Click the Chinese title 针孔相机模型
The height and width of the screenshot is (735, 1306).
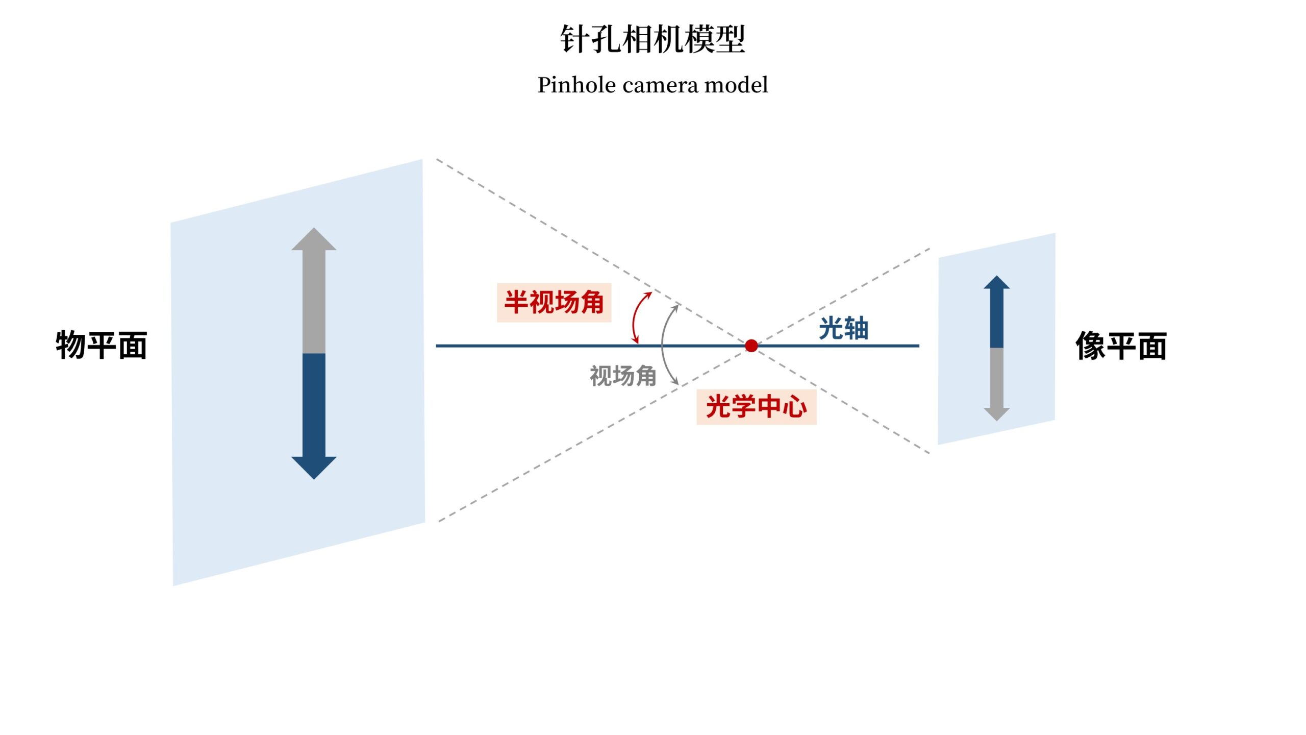[x=652, y=39]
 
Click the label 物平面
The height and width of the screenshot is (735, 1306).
[x=102, y=346]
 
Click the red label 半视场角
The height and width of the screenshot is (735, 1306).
[x=554, y=302]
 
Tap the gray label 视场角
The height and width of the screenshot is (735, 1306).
[x=623, y=376]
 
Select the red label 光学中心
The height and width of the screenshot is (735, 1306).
[x=756, y=407]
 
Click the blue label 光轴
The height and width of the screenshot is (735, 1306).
[x=843, y=328]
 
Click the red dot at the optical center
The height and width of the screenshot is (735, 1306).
[x=751, y=346]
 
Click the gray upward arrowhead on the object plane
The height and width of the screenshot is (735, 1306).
[x=314, y=240]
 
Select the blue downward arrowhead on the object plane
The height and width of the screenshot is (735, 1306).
[x=314, y=467]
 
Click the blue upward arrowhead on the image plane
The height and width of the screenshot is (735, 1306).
[x=996, y=283]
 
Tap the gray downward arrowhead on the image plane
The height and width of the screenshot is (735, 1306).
[x=996, y=413]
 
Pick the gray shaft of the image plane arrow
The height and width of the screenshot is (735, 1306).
[x=996, y=378]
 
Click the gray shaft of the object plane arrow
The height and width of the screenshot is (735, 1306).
[x=314, y=301]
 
